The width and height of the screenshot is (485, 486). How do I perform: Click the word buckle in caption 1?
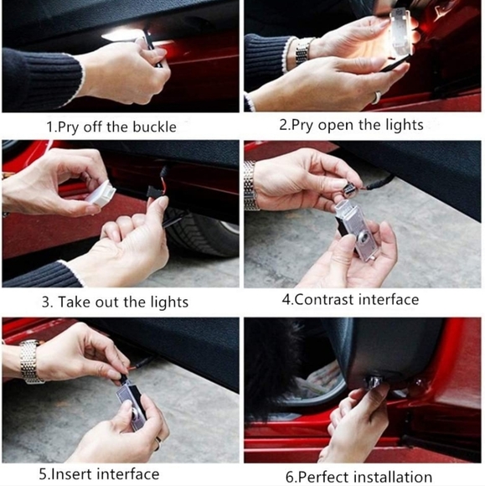pos(154,127)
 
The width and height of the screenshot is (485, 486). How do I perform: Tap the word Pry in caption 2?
pos(302,125)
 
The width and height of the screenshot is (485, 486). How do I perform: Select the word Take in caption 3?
pos(75,302)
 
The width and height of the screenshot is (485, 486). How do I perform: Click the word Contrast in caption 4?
pos(324,299)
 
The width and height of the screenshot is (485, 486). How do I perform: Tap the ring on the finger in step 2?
pos(377,97)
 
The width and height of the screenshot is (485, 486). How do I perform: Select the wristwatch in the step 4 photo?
pos(250,186)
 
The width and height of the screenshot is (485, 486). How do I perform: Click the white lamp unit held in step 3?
pos(101,193)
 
